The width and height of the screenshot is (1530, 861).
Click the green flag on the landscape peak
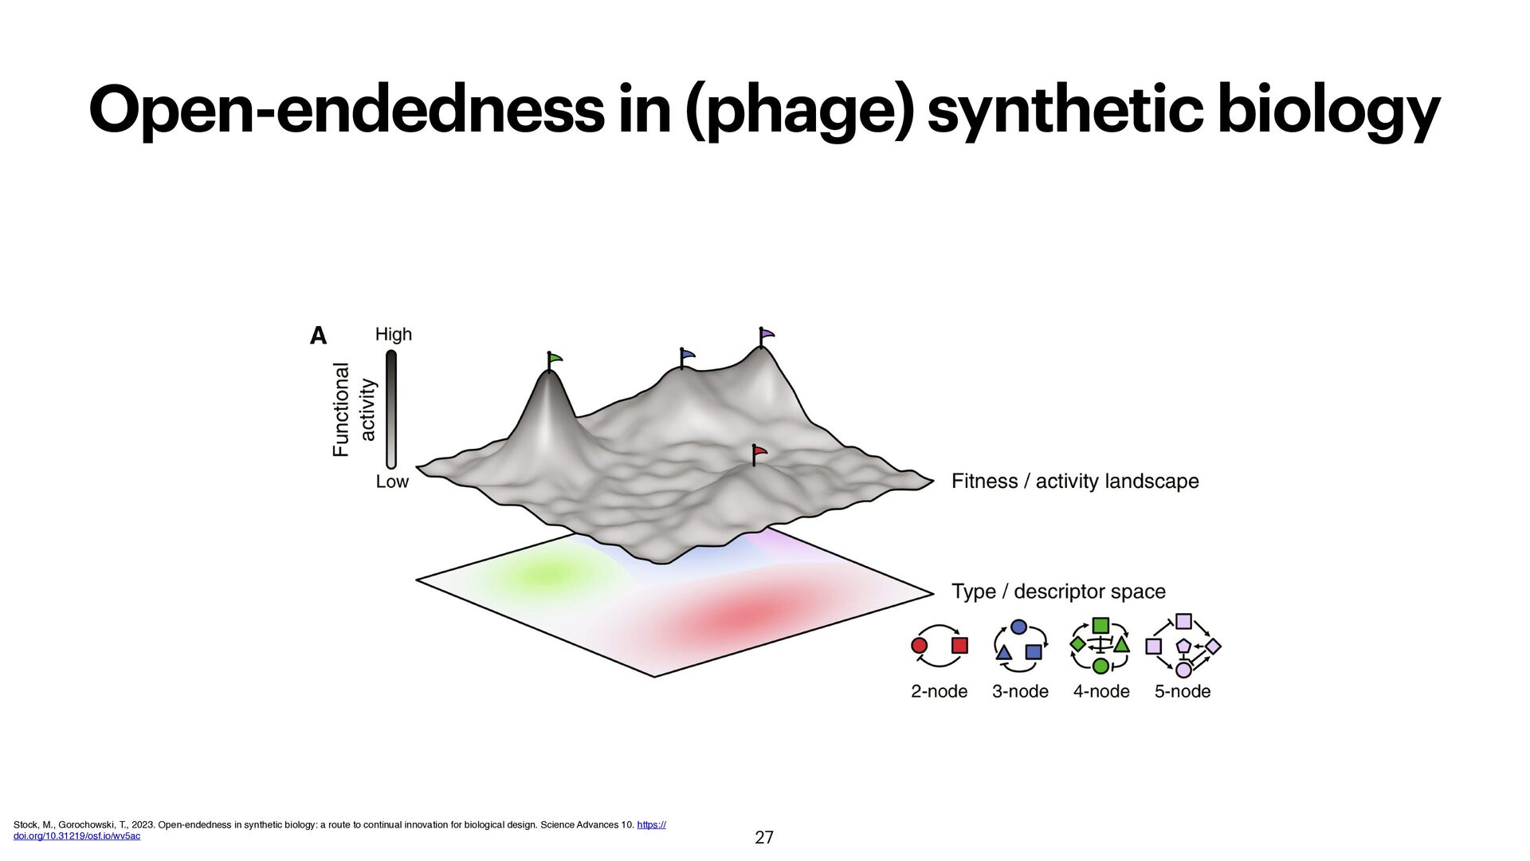point(555,359)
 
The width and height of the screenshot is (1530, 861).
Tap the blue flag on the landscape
point(687,355)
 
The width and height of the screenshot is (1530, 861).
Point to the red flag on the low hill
point(759,452)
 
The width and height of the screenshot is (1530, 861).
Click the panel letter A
point(318,336)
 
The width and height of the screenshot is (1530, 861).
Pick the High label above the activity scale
point(394,334)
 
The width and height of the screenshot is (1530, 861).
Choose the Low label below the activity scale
point(392,482)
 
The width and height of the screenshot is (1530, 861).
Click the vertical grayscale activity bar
point(391,409)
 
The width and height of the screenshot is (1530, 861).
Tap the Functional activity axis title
point(353,409)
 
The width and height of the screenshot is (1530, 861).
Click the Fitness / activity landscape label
point(1075,482)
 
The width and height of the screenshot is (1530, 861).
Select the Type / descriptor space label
point(1058,592)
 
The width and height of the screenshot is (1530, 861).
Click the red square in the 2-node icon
point(959,645)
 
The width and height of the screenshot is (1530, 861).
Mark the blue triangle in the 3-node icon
point(1004,653)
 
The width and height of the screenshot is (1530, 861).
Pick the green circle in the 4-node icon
point(1100,666)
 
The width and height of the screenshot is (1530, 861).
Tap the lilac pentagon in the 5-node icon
point(1183,645)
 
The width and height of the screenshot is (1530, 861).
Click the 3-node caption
point(1020,691)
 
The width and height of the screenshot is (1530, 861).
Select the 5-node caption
point(1183,691)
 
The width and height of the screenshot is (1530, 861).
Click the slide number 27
point(764,837)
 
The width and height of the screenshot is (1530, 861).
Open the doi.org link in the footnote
point(76,835)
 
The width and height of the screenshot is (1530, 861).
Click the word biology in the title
point(1328,112)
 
